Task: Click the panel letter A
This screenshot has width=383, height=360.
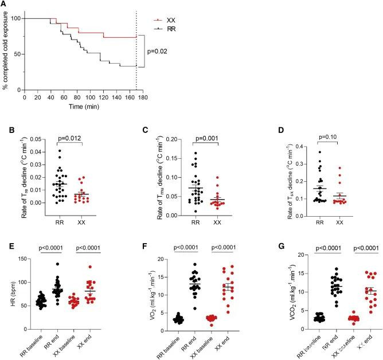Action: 5,5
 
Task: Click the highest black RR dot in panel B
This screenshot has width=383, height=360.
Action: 60,151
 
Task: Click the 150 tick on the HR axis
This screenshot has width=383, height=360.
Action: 26,244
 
